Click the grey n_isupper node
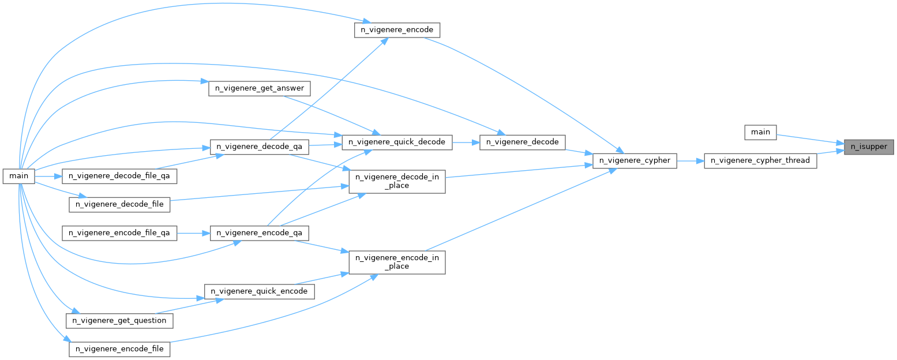[869, 147]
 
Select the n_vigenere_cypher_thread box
[760, 160]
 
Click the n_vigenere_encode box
[397, 30]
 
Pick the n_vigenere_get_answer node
[260, 88]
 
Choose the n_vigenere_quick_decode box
[397, 141]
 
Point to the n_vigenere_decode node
[523, 141]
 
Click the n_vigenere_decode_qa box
[260, 147]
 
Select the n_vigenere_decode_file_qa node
[119, 175]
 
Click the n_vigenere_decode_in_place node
[397, 181]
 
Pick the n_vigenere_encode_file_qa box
[119, 232]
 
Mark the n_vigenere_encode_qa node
[260, 232]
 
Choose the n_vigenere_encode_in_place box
[397, 262]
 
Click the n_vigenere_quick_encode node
[260, 291]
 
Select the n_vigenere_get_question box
[119, 320]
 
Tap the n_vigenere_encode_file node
[119, 349]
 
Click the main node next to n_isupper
[760, 132]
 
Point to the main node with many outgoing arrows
[19, 175]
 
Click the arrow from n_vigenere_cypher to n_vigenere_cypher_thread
[690, 160]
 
